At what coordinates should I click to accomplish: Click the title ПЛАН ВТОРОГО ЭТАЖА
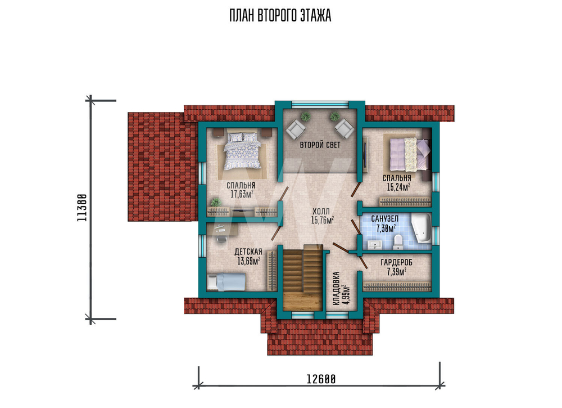(x=280, y=16)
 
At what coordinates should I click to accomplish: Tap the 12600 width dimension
(x=321, y=379)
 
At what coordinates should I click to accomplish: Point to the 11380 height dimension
(x=82, y=208)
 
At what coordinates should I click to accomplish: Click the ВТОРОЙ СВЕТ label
(x=320, y=145)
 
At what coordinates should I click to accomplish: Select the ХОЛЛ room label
(x=321, y=212)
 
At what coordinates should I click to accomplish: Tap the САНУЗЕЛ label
(x=384, y=218)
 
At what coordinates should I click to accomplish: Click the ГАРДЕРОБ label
(x=396, y=263)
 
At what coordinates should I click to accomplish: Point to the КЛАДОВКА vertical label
(x=336, y=289)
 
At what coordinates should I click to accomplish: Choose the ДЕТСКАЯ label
(x=248, y=252)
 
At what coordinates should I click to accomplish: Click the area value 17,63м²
(x=242, y=194)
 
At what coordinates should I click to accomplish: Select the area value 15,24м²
(x=398, y=187)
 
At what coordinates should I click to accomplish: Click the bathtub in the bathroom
(x=421, y=228)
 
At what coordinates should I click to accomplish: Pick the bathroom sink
(x=375, y=245)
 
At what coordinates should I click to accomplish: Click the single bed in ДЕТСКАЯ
(x=226, y=282)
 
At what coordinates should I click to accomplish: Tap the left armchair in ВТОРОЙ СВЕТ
(x=296, y=129)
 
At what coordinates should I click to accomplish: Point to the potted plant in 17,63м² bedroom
(x=215, y=202)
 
